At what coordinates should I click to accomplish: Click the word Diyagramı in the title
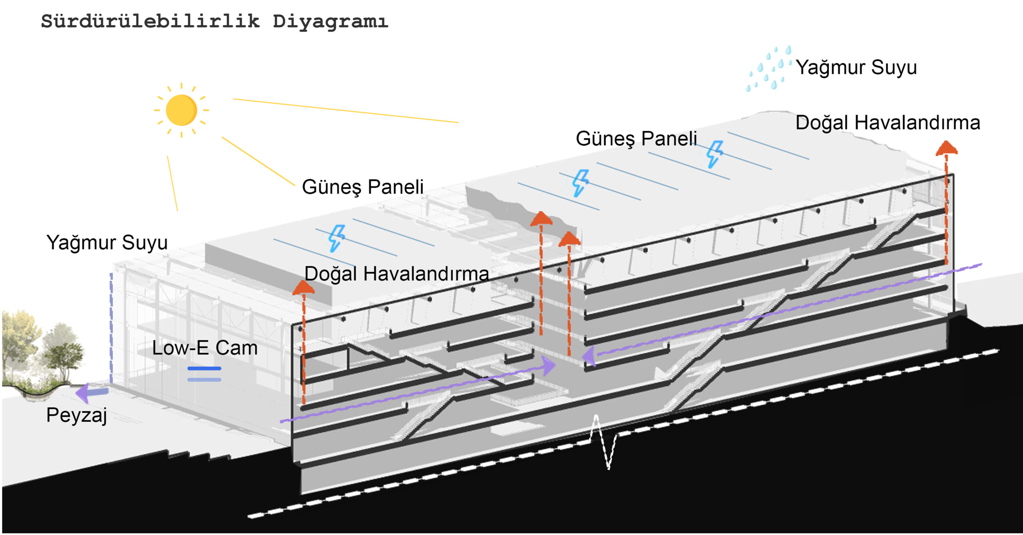click(330, 22)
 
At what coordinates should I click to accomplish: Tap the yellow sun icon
click(181, 110)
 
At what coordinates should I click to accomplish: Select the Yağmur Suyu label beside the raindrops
click(856, 67)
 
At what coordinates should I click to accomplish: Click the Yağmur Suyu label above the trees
click(107, 242)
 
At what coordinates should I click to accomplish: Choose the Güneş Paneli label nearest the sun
click(362, 187)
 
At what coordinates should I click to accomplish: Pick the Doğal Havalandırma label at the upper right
click(888, 122)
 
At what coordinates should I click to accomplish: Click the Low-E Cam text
click(205, 348)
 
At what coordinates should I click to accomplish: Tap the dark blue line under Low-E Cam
click(204, 368)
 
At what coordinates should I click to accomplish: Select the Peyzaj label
click(76, 415)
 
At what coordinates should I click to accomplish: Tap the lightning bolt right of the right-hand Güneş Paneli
click(714, 154)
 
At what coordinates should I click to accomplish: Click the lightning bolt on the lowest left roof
click(336, 238)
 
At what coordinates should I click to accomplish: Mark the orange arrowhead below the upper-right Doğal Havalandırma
click(946, 148)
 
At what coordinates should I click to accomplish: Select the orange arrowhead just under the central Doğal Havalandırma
click(303, 287)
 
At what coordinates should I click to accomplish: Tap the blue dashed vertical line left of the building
click(111, 328)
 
